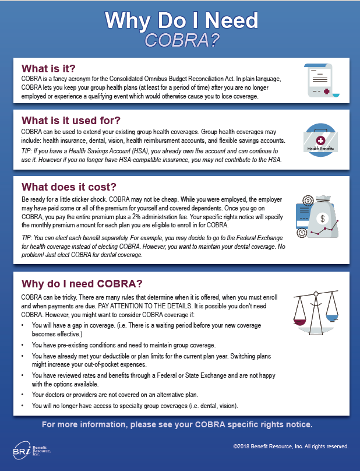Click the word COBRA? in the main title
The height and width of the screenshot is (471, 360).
coord(181,40)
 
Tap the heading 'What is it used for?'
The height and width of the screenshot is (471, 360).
coord(71,120)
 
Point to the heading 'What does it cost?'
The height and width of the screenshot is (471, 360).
coord(69,187)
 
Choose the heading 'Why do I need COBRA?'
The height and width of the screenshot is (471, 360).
coord(82,284)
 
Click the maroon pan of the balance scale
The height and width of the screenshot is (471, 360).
coord(300,321)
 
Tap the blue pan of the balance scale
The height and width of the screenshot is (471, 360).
coord(331,318)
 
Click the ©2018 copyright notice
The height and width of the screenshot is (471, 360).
coord(291,446)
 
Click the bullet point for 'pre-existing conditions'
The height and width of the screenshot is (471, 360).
coord(22,345)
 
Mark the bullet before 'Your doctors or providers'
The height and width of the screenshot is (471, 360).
coord(22,395)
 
